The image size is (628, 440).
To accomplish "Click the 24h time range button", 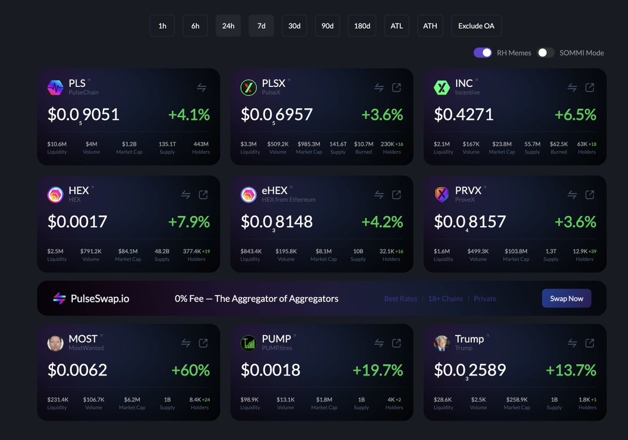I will [x=228, y=26].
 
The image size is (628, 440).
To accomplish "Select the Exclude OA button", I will [x=476, y=26].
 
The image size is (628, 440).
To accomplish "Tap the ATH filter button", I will [x=430, y=26].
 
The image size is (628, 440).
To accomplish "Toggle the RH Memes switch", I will [x=482, y=52].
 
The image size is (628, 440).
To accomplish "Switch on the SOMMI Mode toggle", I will [x=546, y=52].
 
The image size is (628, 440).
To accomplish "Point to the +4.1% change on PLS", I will [x=189, y=115].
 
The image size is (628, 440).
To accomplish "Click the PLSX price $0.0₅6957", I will [x=277, y=115].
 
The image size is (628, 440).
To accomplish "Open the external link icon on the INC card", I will [x=589, y=88].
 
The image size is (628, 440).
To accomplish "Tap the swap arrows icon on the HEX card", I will [x=185, y=195].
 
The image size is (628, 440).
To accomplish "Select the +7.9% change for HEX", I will [x=189, y=222].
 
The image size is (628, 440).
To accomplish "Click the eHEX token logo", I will [x=248, y=195].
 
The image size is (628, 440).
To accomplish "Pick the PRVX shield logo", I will [x=442, y=195].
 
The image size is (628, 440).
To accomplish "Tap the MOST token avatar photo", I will [x=56, y=343].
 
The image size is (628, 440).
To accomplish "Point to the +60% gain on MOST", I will [x=191, y=370].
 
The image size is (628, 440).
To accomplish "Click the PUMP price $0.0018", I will [x=270, y=370].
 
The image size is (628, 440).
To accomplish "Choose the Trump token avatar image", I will [x=442, y=343].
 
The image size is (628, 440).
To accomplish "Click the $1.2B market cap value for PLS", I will [x=129, y=144].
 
